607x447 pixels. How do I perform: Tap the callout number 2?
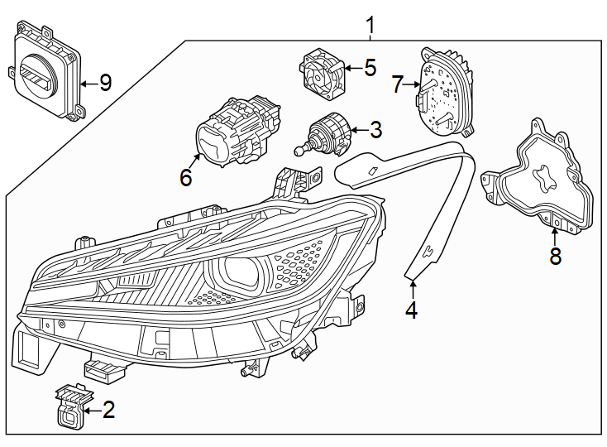pyautogui.click(x=109, y=410)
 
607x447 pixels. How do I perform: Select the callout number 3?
pyautogui.click(x=376, y=130)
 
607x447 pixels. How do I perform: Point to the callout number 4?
pyautogui.click(x=411, y=310)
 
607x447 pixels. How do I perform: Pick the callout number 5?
pyautogui.click(x=369, y=68)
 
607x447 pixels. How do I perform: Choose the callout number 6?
pyautogui.click(x=186, y=177)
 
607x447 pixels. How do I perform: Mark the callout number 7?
pyautogui.click(x=398, y=84)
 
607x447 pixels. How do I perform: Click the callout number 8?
pyautogui.click(x=555, y=257)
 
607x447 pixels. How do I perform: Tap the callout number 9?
pyautogui.click(x=104, y=83)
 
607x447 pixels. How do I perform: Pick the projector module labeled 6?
pyautogui.click(x=235, y=136)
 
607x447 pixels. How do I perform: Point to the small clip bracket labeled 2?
pyautogui.click(x=69, y=405)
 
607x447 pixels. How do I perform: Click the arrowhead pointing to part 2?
pyautogui.click(x=87, y=409)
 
